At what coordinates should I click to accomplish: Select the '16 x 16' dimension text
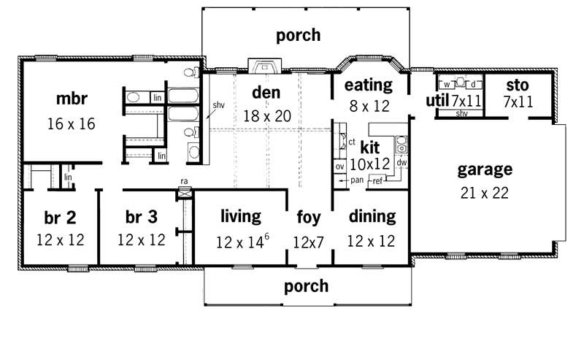coord(71,123)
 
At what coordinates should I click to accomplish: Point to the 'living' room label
coord(240,216)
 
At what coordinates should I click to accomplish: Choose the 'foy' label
coord(309,217)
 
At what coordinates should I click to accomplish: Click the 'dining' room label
coord(372,216)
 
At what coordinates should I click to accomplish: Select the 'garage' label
coord(484,170)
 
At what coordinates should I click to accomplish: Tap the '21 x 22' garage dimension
coord(484,194)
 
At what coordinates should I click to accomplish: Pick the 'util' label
coord(437,100)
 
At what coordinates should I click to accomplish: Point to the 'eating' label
coord(368,85)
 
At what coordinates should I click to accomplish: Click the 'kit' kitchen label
coord(370,146)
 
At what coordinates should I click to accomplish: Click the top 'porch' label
coord(298,34)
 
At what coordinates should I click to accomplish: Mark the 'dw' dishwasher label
coord(401,162)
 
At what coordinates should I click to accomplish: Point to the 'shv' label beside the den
coord(218,105)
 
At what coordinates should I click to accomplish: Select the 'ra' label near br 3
coord(185,182)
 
